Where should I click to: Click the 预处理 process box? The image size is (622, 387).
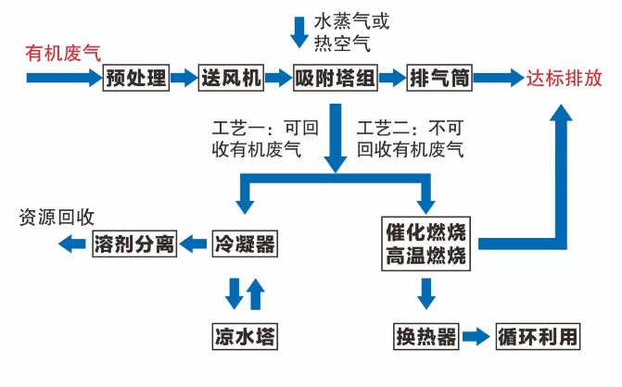pos(136,78)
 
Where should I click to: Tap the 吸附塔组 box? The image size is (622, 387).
pos(335,78)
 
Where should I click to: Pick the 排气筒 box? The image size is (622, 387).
pos(439,78)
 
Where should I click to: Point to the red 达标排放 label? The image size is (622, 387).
pos(565,79)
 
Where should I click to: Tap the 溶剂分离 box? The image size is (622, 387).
pos(134,244)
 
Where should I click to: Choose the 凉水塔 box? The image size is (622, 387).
pos(245,335)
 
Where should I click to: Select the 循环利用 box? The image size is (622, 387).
pos(538,336)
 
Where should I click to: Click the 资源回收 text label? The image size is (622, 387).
pos(57,218)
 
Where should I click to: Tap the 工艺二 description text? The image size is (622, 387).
pos(409,137)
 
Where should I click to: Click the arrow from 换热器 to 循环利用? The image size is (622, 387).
pos(475,336)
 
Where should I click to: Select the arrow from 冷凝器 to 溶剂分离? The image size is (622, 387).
pos(194,244)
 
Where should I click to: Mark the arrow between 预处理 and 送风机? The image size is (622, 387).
pos(184,78)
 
